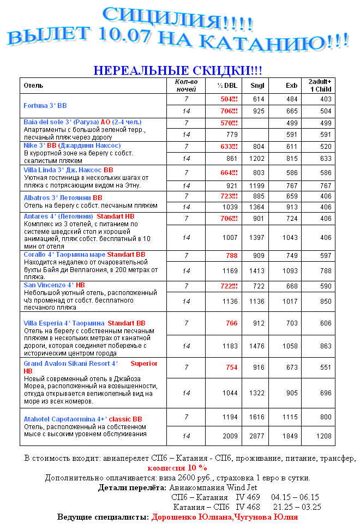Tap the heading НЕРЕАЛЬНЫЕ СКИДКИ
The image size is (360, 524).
177,70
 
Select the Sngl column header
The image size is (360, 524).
257,86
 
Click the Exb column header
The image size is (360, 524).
292,86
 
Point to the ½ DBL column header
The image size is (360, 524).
227,86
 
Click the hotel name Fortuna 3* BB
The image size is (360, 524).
45,105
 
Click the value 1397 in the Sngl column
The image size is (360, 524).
256,238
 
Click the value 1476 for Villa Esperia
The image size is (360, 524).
256,346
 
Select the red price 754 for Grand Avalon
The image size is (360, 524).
232,368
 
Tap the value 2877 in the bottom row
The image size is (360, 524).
256,436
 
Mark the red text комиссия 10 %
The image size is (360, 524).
177,468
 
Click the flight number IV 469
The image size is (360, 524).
248,497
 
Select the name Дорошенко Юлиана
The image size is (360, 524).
191,517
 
